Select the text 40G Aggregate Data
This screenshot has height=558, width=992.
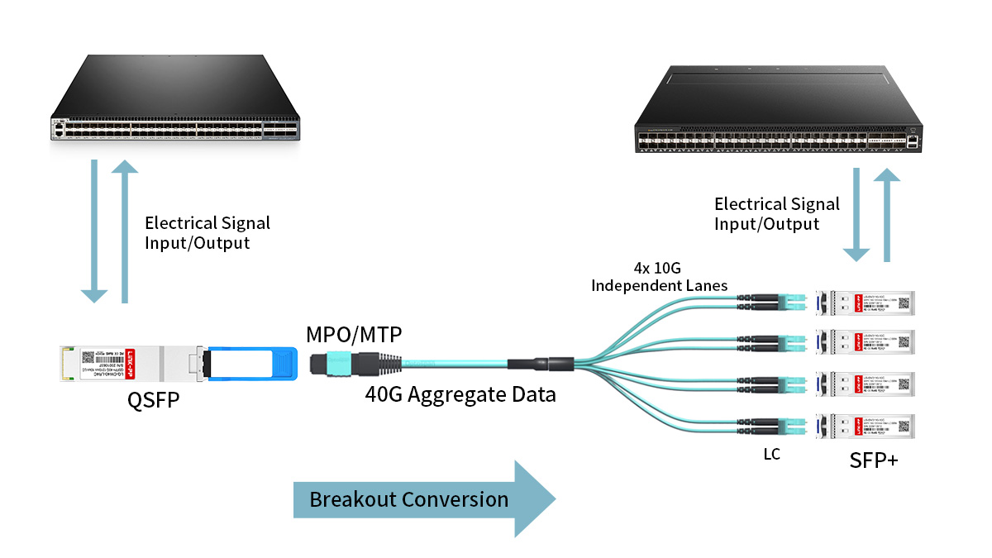pos(460,394)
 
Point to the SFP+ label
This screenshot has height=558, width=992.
pos(873,460)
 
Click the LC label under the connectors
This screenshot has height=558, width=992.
pos(770,455)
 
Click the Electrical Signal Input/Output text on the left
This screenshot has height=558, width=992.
pos(207,232)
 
